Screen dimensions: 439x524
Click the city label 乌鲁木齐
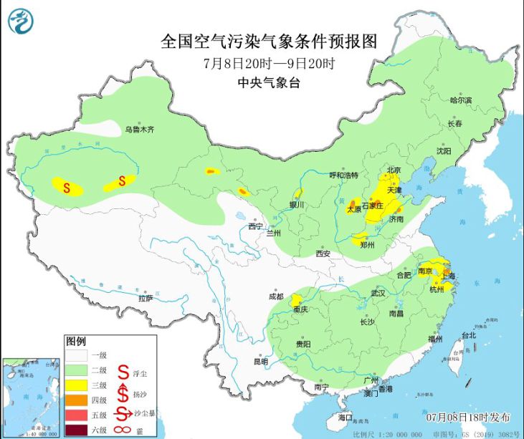(140, 130)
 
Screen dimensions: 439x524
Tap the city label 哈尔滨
(462, 100)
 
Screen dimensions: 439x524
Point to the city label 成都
(275, 296)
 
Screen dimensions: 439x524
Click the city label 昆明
(260, 362)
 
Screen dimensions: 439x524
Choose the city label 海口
(346, 416)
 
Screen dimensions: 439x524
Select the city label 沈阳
(444, 151)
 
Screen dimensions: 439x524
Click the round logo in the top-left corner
(22, 21)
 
